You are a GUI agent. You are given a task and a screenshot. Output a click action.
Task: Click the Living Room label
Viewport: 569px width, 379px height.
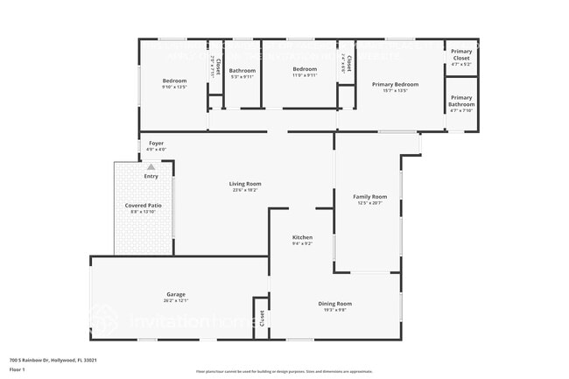tap(245, 184)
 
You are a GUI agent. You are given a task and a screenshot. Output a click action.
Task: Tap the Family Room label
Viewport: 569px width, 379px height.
tap(369, 197)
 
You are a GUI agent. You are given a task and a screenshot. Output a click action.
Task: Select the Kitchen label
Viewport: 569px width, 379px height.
tap(302, 237)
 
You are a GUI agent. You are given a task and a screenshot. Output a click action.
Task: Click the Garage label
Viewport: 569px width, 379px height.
tap(176, 294)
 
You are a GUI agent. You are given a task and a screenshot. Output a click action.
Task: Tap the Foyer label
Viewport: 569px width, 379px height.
tap(156, 143)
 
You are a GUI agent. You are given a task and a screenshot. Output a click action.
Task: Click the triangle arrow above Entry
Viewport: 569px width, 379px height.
tap(151, 166)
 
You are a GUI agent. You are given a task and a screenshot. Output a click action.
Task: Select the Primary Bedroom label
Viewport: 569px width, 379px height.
tap(395, 84)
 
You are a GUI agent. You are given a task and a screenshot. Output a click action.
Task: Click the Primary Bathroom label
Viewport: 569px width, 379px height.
tap(460, 101)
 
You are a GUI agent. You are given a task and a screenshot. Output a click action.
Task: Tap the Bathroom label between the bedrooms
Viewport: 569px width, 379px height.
tap(242, 70)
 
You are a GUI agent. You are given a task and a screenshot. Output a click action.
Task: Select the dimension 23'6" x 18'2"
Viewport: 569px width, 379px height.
tap(245, 190)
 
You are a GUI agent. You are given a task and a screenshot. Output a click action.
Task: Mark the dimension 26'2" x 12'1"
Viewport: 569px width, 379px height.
tap(176, 300)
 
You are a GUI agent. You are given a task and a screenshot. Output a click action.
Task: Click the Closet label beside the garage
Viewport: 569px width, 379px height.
tap(261, 319)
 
